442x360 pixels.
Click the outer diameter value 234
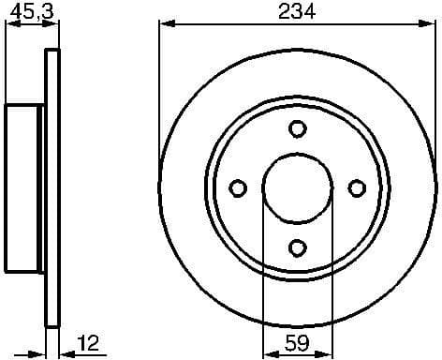(x=296, y=11)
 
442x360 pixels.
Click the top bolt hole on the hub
(x=297, y=129)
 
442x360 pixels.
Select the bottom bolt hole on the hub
(x=297, y=247)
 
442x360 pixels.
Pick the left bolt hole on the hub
(x=238, y=188)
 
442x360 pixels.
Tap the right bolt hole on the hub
(x=356, y=188)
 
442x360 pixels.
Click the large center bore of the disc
(x=297, y=188)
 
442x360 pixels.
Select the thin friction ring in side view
(x=52, y=188)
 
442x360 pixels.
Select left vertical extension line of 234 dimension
(x=159, y=94)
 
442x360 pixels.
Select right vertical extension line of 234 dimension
(x=435, y=94)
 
